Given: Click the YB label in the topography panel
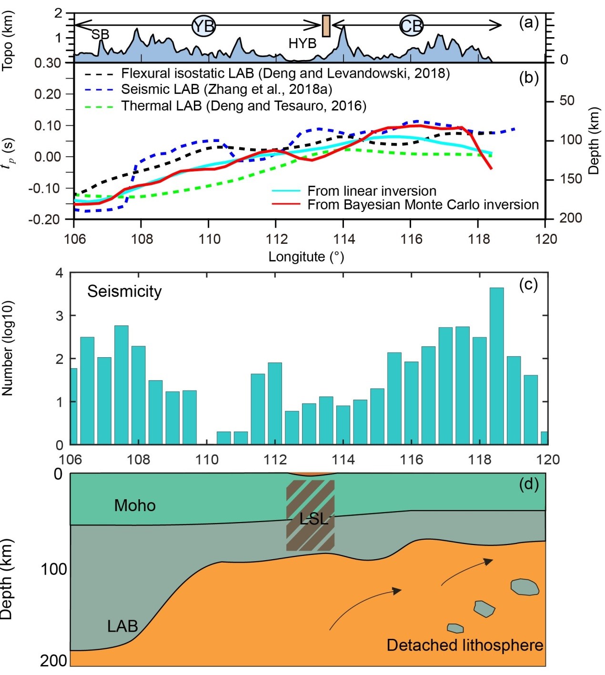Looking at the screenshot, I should pyautogui.click(x=204, y=25).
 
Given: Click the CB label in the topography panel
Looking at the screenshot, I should pyautogui.click(x=411, y=25).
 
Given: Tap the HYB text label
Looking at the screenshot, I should pyautogui.click(x=302, y=43).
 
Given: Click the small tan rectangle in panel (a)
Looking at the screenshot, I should pyautogui.click(x=326, y=26).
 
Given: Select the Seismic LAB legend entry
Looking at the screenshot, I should pyautogui.click(x=226, y=89).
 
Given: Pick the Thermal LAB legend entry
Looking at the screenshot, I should pyautogui.click(x=243, y=105).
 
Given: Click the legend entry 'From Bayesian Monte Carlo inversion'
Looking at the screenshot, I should pyautogui.click(x=423, y=204).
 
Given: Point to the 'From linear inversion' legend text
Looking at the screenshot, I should pyautogui.click(x=372, y=191).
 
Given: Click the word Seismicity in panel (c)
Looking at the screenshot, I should pyautogui.click(x=124, y=291).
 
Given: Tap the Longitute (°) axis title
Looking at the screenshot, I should pyautogui.click(x=306, y=257).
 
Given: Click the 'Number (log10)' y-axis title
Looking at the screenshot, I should pyautogui.click(x=8, y=348).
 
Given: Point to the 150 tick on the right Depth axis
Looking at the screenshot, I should pyautogui.click(x=570, y=179).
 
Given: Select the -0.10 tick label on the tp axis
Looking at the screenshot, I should pyautogui.click(x=48, y=188).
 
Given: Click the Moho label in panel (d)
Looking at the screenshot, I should pyautogui.click(x=135, y=505).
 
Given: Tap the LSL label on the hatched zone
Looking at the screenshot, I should pyautogui.click(x=313, y=519).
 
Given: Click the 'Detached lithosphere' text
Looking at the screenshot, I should pyautogui.click(x=464, y=645).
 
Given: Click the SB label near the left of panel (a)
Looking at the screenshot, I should pyautogui.click(x=100, y=34).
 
